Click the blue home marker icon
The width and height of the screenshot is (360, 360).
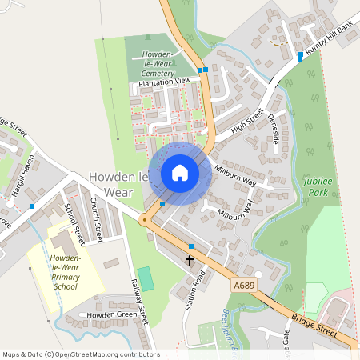coord(179,173)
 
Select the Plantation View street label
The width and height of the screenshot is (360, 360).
coord(165,82)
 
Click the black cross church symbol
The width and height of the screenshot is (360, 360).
coord(190,260)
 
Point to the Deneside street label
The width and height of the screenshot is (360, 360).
coord(275,128)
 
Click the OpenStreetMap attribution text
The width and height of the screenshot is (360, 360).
coord(81,354)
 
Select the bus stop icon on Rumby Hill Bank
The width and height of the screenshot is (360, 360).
coord(300,56)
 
